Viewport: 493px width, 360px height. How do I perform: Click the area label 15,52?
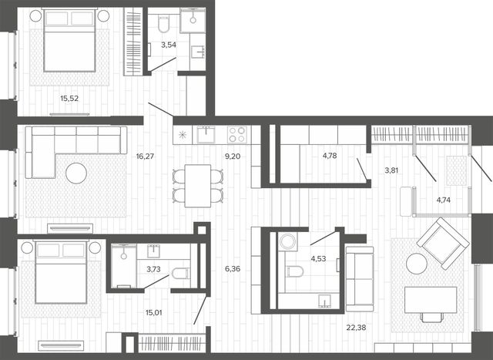(69, 99)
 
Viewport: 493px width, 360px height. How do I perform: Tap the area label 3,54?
(169, 45)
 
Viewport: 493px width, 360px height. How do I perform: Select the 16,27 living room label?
(145, 156)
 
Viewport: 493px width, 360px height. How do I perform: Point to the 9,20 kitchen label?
(233, 156)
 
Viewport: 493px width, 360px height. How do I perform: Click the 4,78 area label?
(330, 156)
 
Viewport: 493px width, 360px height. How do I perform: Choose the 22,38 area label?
(356, 328)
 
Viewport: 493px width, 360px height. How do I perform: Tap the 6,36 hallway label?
(233, 269)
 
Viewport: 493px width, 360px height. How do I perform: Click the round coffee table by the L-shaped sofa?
(76, 173)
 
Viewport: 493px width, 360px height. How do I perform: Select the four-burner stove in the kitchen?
(237, 135)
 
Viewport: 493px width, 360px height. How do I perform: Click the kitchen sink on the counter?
(206, 135)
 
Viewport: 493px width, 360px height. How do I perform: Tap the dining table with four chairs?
(198, 186)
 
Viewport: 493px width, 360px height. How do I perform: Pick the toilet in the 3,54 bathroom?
(164, 24)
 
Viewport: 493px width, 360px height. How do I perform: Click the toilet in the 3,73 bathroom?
(181, 273)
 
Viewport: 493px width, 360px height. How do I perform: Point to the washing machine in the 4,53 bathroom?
(287, 241)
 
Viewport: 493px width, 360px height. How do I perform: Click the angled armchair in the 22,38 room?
(443, 244)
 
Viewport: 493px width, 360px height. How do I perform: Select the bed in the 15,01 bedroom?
(61, 272)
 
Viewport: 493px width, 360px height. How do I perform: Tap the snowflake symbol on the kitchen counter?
(183, 135)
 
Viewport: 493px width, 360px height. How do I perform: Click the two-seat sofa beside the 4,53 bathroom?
(360, 279)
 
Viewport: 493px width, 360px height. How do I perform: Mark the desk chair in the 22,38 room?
(431, 317)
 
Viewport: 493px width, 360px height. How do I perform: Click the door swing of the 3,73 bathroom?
(156, 281)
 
